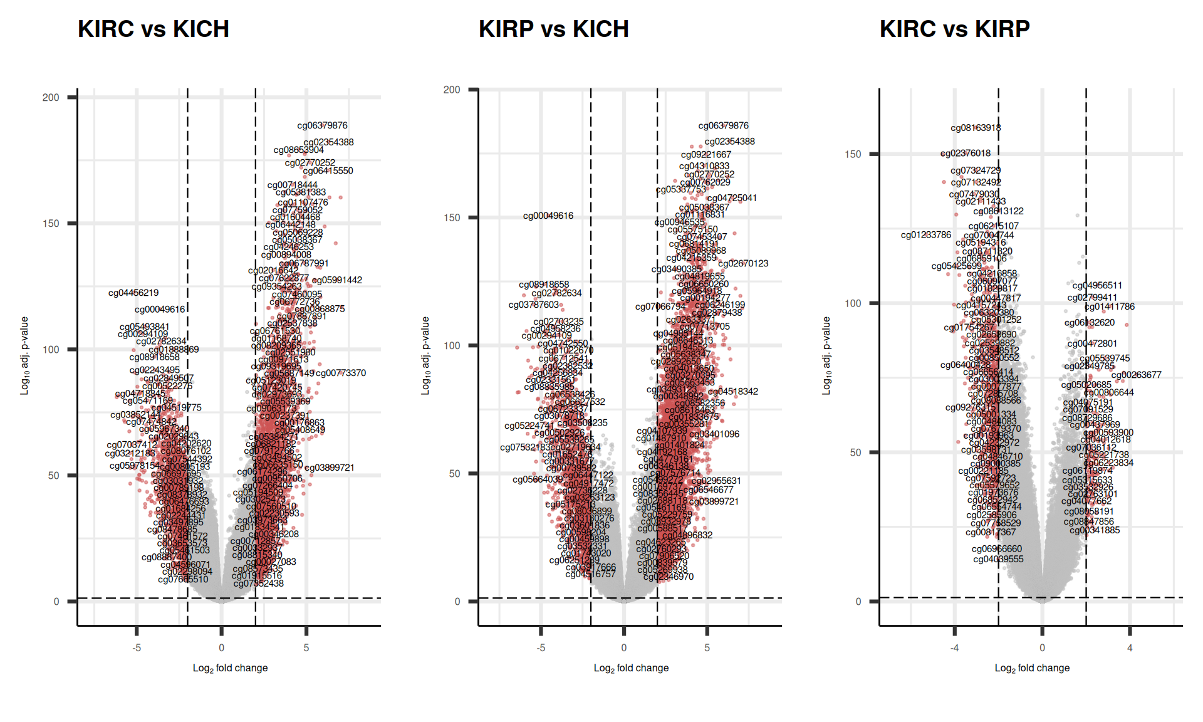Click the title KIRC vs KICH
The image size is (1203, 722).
154,29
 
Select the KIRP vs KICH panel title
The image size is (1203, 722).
553,29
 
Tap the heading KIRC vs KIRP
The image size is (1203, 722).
954,29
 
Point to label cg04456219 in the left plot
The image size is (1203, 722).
133,293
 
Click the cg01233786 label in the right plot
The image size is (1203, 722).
925,235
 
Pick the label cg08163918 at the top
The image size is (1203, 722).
976,128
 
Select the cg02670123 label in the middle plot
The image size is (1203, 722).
743,264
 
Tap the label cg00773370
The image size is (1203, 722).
341,373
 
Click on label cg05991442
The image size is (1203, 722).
337,280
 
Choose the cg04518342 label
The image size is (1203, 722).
733,392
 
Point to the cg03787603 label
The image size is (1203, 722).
533,305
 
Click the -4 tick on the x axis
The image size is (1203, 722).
954,648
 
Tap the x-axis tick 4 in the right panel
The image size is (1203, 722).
1130,648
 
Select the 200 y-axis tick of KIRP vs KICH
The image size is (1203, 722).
452,90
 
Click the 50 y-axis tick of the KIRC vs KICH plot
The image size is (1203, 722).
53,476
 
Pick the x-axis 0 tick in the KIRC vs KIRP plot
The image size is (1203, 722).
1042,648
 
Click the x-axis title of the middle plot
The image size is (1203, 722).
631,668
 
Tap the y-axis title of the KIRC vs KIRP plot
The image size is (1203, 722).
826,355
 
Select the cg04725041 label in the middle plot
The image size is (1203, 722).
732,198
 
